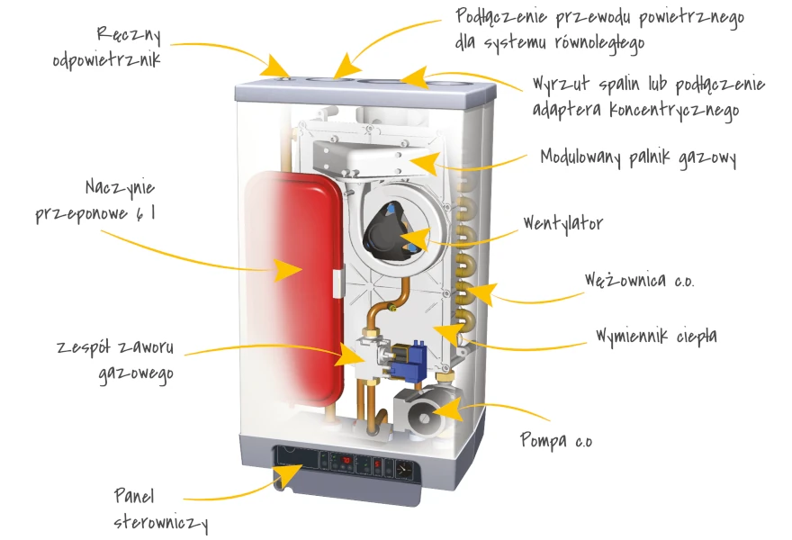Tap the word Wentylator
click(562, 223)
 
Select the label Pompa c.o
click(556, 441)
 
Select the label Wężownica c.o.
click(639, 280)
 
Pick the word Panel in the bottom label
click(135, 496)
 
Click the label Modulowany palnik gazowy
click(638, 157)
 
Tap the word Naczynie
click(121, 187)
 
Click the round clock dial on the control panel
click(403, 468)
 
